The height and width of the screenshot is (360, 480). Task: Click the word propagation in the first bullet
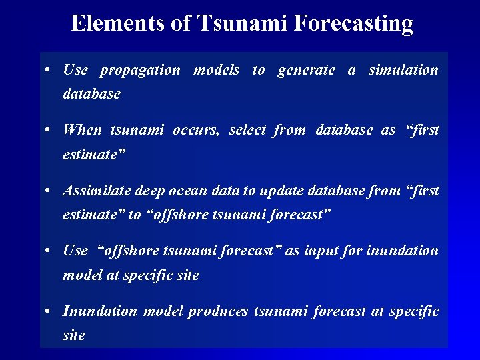[140, 70]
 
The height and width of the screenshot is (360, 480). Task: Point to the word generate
[306, 70]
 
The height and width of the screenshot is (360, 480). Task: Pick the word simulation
[403, 70]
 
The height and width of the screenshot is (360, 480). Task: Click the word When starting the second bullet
[82, 130]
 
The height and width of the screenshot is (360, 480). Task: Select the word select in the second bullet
[248, 130]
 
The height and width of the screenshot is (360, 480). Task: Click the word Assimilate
[97, 191]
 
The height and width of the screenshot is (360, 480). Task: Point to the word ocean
[188, 191]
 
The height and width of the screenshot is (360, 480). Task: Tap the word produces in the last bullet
[217, 311]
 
